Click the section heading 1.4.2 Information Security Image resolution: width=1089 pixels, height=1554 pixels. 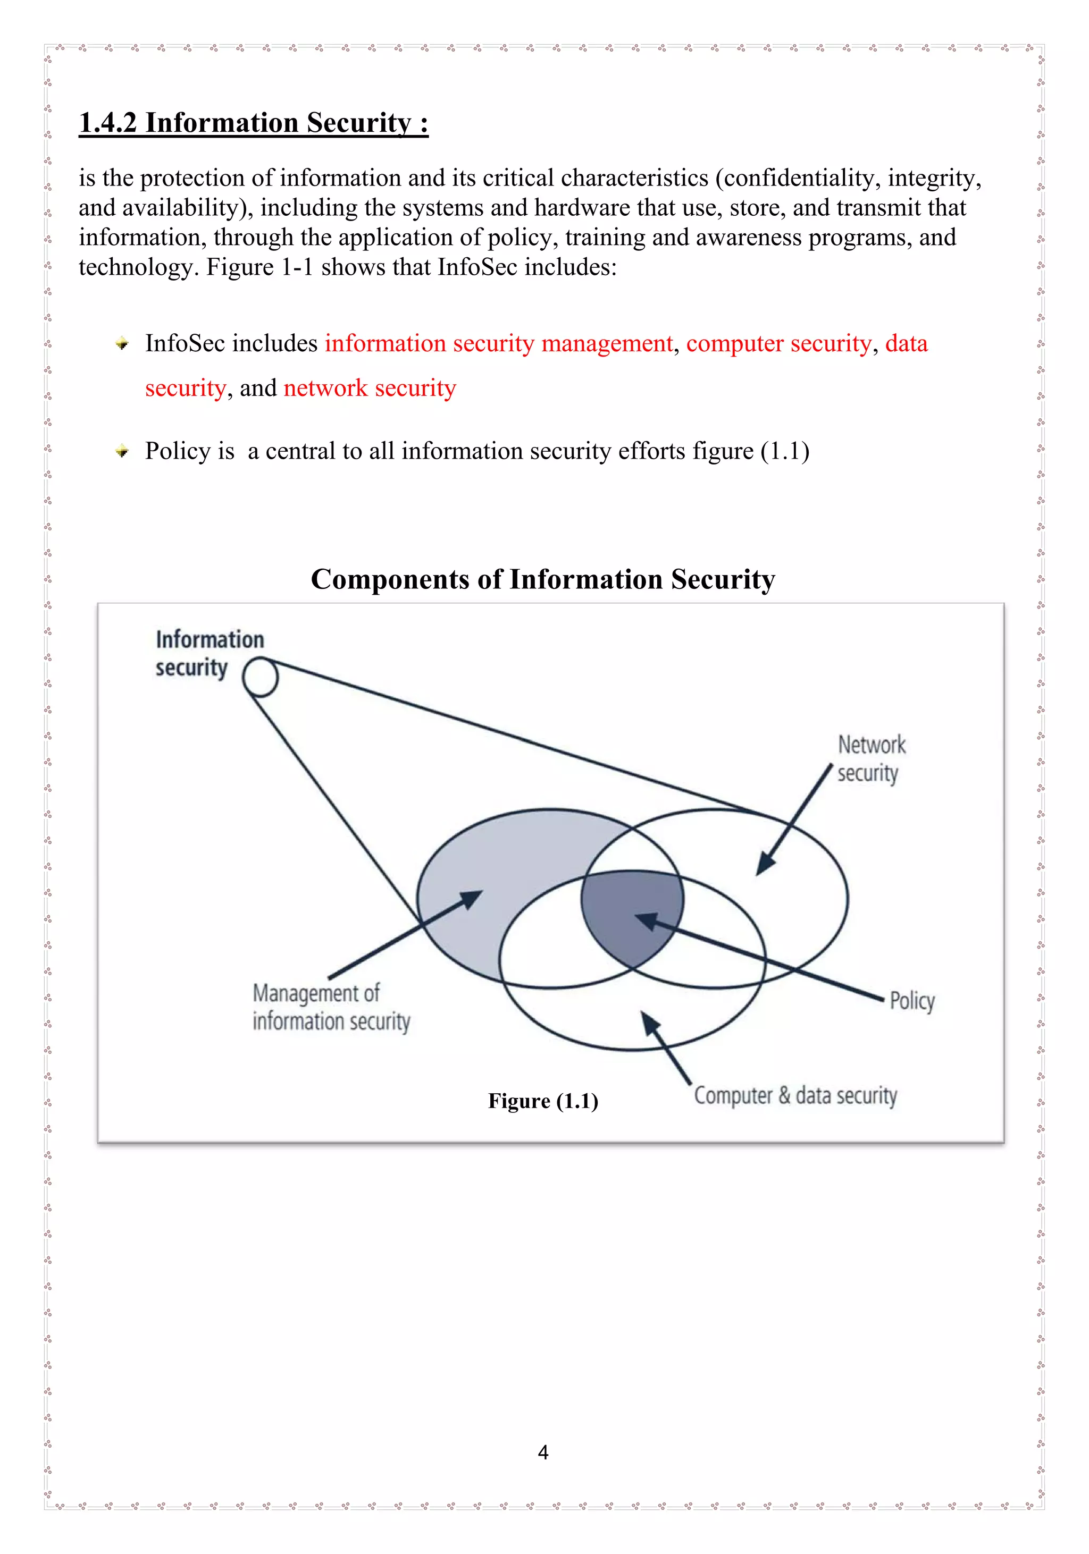click(253, 123)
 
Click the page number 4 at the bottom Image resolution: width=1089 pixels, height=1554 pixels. click(542, 1452)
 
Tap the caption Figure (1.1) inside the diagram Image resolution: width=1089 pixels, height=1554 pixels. click(543, 1101)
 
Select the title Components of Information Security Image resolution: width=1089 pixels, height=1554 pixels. click(542, 580)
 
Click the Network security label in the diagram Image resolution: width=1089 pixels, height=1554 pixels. click(870, 759)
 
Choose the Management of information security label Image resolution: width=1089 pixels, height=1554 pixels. click(331, 1007)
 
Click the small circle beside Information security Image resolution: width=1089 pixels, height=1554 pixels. click(261, 678)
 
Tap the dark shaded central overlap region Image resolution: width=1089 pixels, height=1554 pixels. click(626, 914)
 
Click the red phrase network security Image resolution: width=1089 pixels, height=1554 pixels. click(370, 388)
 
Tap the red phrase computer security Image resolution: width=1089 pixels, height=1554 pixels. click(778, 344)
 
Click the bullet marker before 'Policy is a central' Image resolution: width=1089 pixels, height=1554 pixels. click(122, 451)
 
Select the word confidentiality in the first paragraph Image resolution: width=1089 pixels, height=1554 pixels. click(799, 178)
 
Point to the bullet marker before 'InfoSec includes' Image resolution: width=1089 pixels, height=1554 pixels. click(122, 344)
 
